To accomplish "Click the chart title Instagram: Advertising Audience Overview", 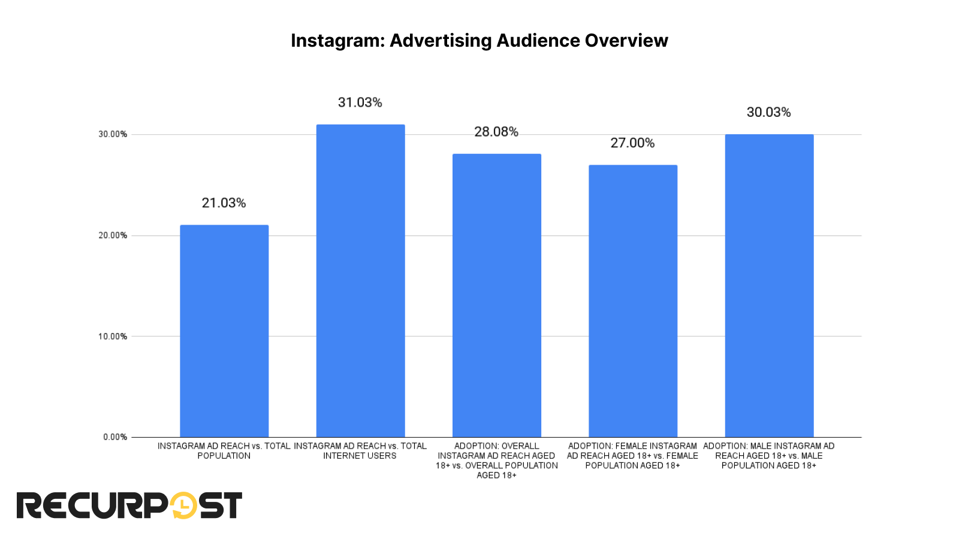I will pyautogui.click(x=479, y=40).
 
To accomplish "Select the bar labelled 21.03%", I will pyautogui.click(x=224, y=331).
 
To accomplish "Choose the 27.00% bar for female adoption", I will pyautogui.click(x=633, y=301).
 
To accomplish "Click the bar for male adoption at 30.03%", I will pyautogui.click(x=769, y=286).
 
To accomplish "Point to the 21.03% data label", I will pyautogui.click(x=224, y=203).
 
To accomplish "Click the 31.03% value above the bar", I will pyautogui.click(x=360, y=102).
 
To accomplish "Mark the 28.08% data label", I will pyautogui.click(x=496, y=132).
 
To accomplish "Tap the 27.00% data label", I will pyautogui.click(x=632, y=143).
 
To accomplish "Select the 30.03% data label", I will pyautogui.click(x=768, y=113).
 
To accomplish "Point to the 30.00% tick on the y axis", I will pyautogui.click(x=113, y=134).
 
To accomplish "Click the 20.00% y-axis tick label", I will pyautogui.click(x=113, y=235).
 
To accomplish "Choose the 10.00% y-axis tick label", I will pyautogui.click(x=113, y=337).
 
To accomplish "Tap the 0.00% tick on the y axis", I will pyautogui.click(x=115, y=437).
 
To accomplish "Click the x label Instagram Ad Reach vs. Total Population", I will pyautogui.click(x=224, y=451).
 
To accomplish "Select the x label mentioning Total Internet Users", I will pyautogui.click(x=360, y=451).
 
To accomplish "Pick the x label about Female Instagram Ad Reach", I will pyautogui.click(x=632, y=456).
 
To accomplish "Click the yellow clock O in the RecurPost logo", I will pyautogui.click(x=183, y=505).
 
